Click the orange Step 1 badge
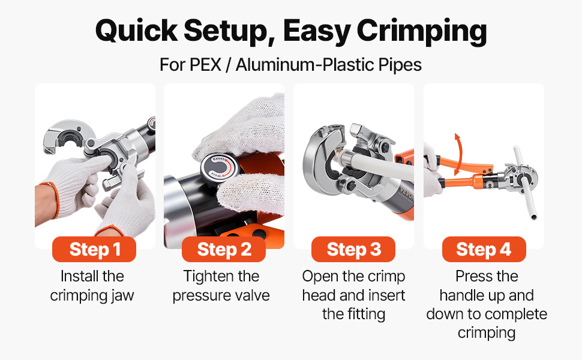coord(94,249)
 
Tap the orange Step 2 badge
coord(224,249)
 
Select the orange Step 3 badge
coord(353,249)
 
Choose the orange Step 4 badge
coord(484,249)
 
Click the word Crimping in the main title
coord(422,31)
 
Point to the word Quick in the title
coord(137,30)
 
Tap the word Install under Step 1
coord(79,276)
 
